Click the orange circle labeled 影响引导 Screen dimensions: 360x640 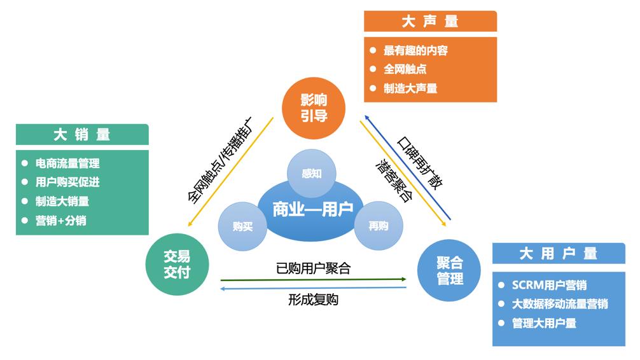coord(313,107)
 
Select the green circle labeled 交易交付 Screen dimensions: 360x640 coord(177,264)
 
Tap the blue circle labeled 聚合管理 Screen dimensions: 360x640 coord(450,270)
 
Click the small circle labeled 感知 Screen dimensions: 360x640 coord(312,173)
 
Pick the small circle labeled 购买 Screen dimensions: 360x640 coord(242,226)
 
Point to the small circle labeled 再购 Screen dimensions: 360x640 coord(378,226)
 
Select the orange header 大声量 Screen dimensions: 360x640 coord(430,22)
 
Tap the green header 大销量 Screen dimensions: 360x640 coord(82,135)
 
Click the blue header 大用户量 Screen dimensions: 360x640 coord(559,254)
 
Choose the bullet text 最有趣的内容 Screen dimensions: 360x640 coord(415,50)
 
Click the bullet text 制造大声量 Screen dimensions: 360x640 coord(410,88)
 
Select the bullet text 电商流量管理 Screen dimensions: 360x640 coord(67,163)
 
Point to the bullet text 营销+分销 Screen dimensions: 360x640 coord(61,221)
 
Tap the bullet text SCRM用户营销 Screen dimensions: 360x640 coord(549,284)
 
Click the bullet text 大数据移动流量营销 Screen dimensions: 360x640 coord(560,303)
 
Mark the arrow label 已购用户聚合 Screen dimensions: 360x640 coord(313,268)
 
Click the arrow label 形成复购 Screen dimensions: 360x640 coord(313,300)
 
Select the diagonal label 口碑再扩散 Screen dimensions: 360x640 coord(420,161)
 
